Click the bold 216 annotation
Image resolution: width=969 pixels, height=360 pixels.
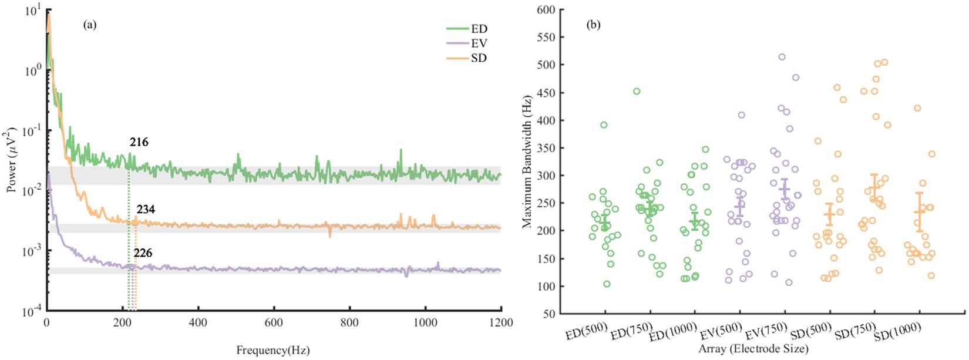tap(139, 142)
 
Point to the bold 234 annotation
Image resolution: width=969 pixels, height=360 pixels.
tap(146, 210)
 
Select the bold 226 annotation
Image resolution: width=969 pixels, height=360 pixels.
tap(143, 253)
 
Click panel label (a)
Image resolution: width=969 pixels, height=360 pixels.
tap(90, 25)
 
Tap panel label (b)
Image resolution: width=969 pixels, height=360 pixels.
tap(594, 25)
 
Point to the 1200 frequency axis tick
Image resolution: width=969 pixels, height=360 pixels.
tap(500, 322)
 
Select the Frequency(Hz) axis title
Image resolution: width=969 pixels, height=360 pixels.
tap(272, 351)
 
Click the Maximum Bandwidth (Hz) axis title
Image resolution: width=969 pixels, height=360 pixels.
tap(527, 161)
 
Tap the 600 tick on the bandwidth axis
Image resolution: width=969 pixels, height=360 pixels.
tap(546, 10)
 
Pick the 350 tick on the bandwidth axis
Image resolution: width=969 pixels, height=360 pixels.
tap(546, 148)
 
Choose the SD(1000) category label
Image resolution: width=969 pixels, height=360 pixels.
tap(897, 332)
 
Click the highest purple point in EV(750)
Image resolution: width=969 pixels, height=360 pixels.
tap(782, 57)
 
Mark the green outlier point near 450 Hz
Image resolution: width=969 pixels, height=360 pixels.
tap(637, 92)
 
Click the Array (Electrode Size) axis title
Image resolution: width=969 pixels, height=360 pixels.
tap(753, 349)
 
